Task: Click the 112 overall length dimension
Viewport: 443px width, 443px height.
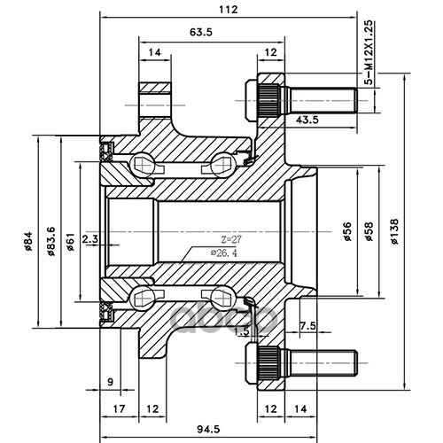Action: click(229, 10)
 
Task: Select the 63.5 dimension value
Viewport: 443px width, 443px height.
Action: click(201, 32)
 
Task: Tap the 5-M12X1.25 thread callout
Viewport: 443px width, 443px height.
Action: click(369, 52)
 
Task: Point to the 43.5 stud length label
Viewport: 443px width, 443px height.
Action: click(307, 120)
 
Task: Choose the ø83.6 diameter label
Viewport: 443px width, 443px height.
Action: click(51, 241)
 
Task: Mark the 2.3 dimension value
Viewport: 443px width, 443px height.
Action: click(90, 238)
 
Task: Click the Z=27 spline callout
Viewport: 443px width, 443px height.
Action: click(231, 239)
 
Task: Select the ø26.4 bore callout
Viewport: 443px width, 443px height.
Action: click(223, 253)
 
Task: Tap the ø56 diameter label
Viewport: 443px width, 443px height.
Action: click(347, 231)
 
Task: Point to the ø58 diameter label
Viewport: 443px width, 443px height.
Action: click(369, 231)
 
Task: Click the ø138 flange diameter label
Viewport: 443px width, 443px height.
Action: click(394, 231)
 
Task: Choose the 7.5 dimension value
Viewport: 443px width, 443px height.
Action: click(307, 326)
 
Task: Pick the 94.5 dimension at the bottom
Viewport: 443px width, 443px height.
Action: click(208, 429)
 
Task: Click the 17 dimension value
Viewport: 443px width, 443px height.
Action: click(119, 408)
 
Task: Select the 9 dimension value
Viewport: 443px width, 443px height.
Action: click(110, 382)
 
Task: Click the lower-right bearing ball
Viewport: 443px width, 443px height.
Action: click(223, 298)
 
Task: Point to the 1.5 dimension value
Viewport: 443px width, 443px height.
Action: click(242, 331)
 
